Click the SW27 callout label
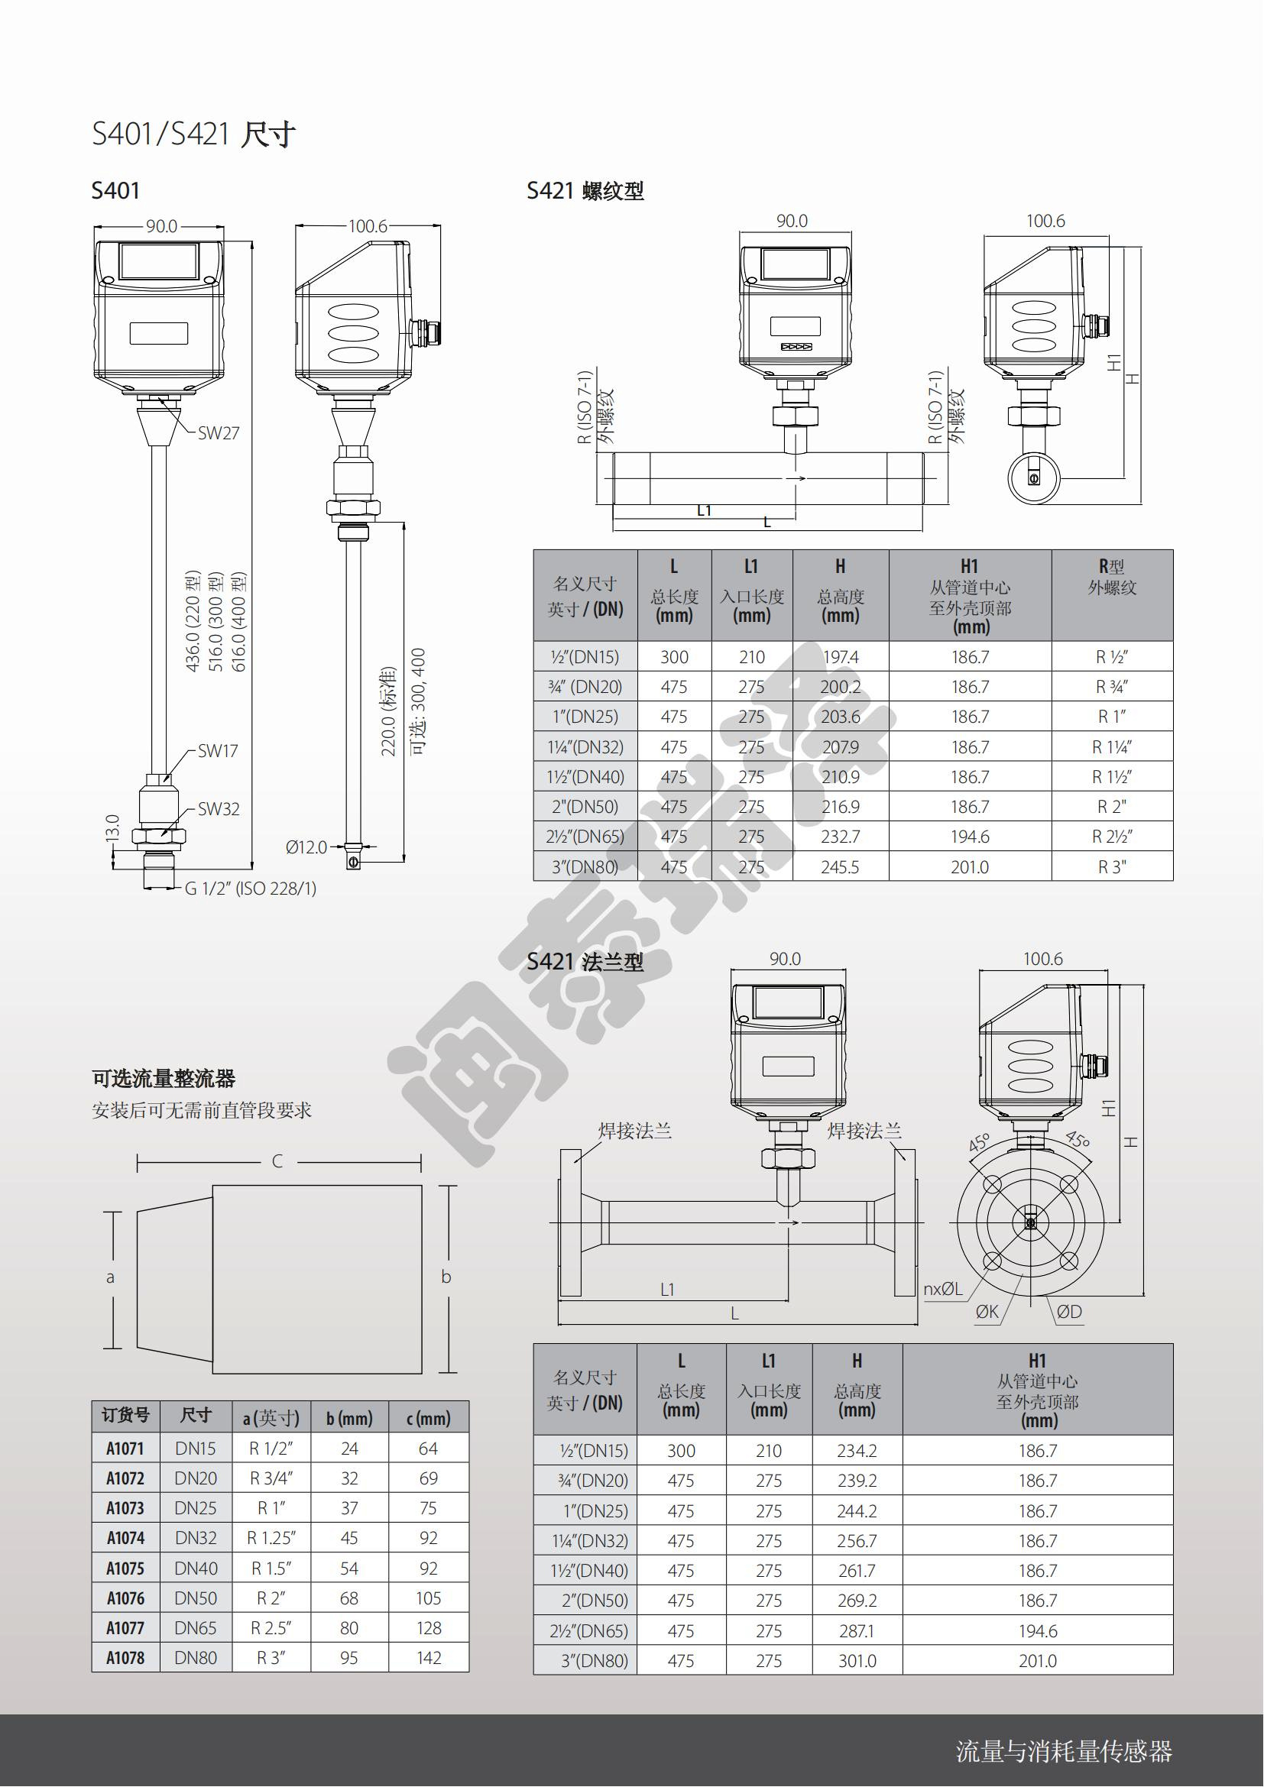(x=219, y=432)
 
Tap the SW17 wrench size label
(x=218, y=751)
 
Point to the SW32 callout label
(x=219, y=808)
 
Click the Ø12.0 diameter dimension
(x=306, y=847)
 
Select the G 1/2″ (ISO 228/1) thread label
(x=251, y=889)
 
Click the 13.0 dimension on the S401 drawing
(x=112, y=828)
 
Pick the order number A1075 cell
(x=125, y=1568)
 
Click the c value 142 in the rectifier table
(x=429, y=1658)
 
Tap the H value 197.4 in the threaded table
(x=841, y=657)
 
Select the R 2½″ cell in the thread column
(x=1111, y=837)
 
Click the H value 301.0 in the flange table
(x=857, y=1661)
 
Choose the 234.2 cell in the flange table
(x=857, y=1451)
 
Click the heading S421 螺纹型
(x=585, y=191)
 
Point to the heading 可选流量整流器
(x=164, y=1079)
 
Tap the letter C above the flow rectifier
(x=277, y=1161)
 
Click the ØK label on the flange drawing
(x=987, y=1312)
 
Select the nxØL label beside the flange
(x=942, y=1289)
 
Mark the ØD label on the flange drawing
(x=1069, y=1312)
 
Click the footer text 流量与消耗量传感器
(x=1064, y=1751)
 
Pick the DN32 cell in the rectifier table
(x=196, y=1538)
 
